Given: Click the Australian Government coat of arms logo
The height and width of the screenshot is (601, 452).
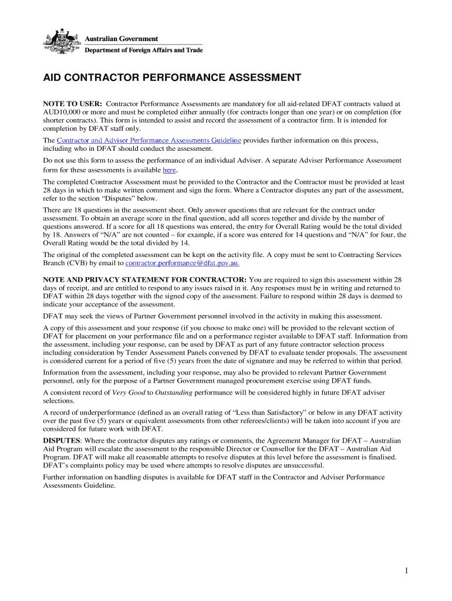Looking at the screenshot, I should [62, 41].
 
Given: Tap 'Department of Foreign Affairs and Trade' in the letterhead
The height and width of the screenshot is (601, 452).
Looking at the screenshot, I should [144, 50].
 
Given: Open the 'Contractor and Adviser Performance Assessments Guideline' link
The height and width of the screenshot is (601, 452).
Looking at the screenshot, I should [149, 141].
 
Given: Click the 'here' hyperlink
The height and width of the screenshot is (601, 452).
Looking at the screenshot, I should [169, 170].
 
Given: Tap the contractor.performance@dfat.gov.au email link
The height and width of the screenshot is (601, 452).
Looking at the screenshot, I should [183, 264].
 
